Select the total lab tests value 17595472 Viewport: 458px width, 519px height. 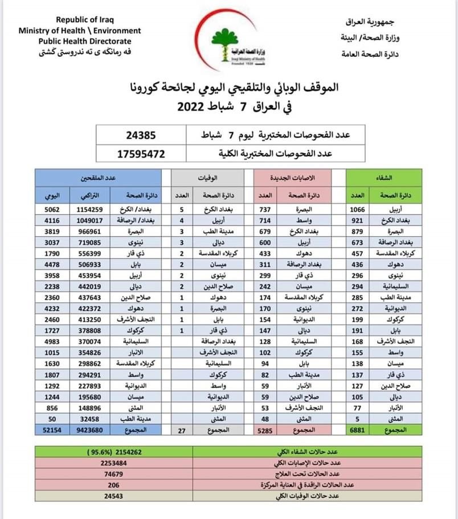[x=141, y=154]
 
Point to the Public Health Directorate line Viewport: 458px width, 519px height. [x=85, y=41]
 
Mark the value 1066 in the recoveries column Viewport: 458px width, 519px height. [x=357, y=209]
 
